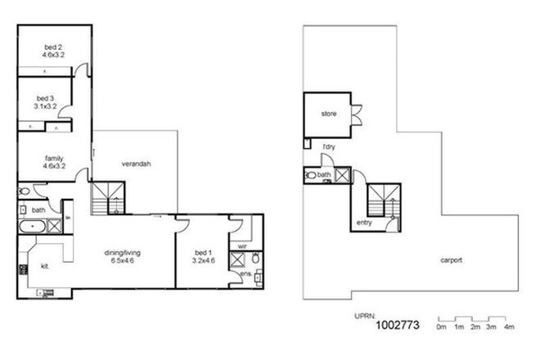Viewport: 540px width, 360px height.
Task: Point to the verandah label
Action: pyautogui.click(x=136, y=164)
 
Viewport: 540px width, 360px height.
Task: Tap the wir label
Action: pyautogui.click(x=243, y=245)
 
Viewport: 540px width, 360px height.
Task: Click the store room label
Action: pyautogui.click(x=329, y=115)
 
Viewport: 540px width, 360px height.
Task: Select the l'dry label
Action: pyautogui.click(x=330, y=146)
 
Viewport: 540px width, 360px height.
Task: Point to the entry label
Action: pyautogui.click(x=365, y=223)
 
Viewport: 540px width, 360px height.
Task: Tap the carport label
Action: pyautogui.click(x=450, y=260)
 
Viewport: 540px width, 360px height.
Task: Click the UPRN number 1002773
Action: pyautogui.click(x=397, y=326)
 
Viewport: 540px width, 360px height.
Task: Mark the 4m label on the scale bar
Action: pyautogui.click(x=509, y=327)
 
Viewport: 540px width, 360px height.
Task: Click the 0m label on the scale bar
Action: pyautogui.click(x=442, y=327)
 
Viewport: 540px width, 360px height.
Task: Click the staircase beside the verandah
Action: pyautogui.click(x=108, y=198)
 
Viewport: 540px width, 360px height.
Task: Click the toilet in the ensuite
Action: pyautogui.click(x=256, y=259)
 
